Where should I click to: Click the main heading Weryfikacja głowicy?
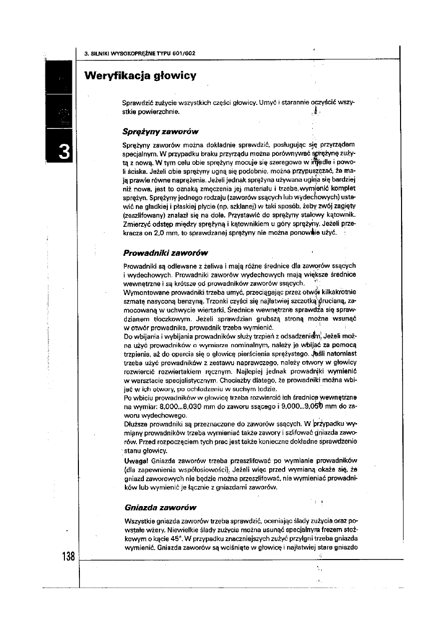tap(140, 76)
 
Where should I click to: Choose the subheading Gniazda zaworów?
tap(157, 508)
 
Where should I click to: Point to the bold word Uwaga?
tap(134, 460)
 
